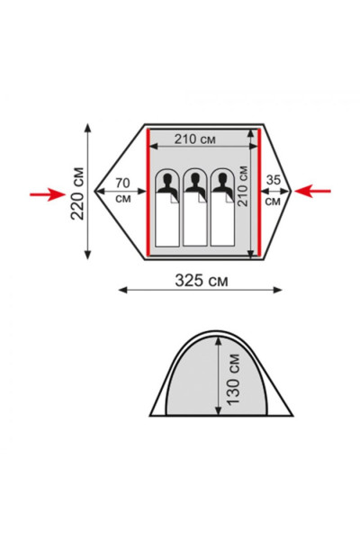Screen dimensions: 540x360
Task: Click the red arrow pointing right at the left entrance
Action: click(x=45, y=193)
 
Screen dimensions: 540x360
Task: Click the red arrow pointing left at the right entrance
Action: click(x=314, y=190)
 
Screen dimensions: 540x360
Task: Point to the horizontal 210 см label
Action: click(x=195, y=139)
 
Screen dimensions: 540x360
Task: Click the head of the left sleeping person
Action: click(x=166, y=184)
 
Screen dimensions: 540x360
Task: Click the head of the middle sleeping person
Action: click(x=193, y=184)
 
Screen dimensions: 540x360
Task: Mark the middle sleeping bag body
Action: click(x=193, y=220)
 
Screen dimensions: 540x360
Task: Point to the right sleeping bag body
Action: click(x=221, y=220)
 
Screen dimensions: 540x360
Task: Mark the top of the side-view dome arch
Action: click(x=220, y=330)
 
